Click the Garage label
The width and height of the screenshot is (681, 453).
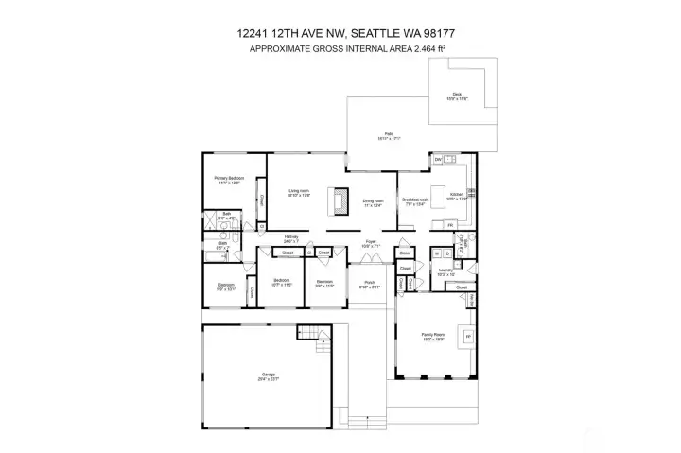(x=269, y=375)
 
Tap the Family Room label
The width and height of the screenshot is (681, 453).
(x=432, y=335)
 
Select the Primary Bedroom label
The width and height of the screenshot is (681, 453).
(x=228, y=179)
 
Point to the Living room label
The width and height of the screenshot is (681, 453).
(x=299, y=192)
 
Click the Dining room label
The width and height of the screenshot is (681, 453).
(x=373, y=201)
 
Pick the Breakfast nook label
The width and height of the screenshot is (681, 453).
(x=415, y=200)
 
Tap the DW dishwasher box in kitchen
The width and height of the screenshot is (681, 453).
(x=438, y=160)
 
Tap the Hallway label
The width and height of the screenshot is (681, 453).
(x=292, y=238)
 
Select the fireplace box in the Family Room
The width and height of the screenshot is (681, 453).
(x=465, y=335)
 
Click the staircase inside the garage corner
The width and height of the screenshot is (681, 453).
(x=309, y=333)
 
